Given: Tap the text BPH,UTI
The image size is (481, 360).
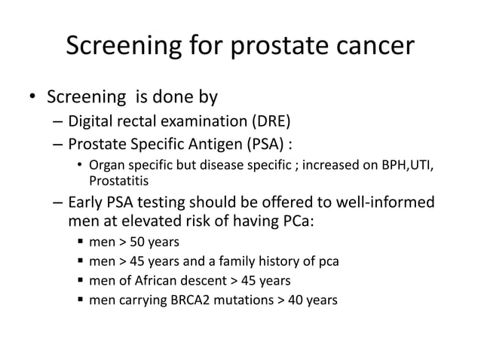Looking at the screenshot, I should point(407,166).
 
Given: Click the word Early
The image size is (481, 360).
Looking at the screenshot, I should point(85,203).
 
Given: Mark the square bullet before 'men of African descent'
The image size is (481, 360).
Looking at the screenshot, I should point(78,281).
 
